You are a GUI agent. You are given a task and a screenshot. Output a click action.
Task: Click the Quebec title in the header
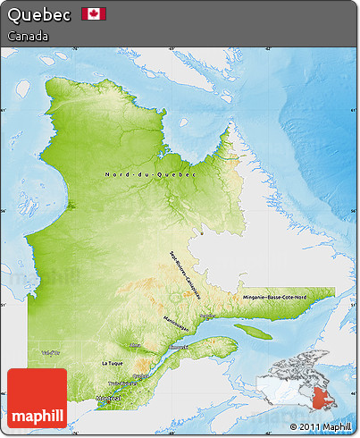coord(39,16)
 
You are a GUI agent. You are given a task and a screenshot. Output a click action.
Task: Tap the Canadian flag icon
coord(94,13)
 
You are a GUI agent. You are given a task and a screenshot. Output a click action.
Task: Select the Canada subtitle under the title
coord(28,36)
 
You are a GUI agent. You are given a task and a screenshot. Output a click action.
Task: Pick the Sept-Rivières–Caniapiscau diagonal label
coord(187,269)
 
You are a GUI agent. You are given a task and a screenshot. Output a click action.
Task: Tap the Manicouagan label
coord(176,324)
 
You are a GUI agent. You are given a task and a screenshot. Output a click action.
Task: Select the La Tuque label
coord(112,364)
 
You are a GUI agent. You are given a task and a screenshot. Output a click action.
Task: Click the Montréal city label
coord(107,399)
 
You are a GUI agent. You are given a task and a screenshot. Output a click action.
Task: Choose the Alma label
coord(135,346)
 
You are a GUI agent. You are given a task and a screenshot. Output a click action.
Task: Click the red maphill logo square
coord(37,398)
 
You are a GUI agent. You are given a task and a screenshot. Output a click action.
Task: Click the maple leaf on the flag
coord(94,13)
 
